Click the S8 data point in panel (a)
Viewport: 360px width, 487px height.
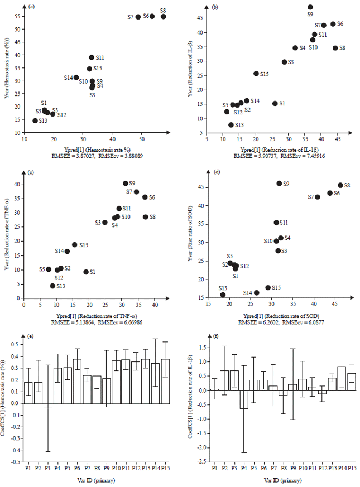tap(164, 17)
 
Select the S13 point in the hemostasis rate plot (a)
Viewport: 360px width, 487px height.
tap(35, 120)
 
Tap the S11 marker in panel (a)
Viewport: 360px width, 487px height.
tap(92, 57)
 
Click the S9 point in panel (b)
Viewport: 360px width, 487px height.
tap(310, 7)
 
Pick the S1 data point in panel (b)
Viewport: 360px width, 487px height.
tap(275, 103)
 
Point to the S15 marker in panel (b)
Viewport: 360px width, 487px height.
tap(256, 74)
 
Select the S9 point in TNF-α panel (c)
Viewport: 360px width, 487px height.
tap(126, 184)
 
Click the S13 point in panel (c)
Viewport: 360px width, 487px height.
tap(52, 286)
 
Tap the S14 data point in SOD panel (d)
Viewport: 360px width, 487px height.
tap(257, 293)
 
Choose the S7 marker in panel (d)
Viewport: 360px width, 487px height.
tap(318, 197)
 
